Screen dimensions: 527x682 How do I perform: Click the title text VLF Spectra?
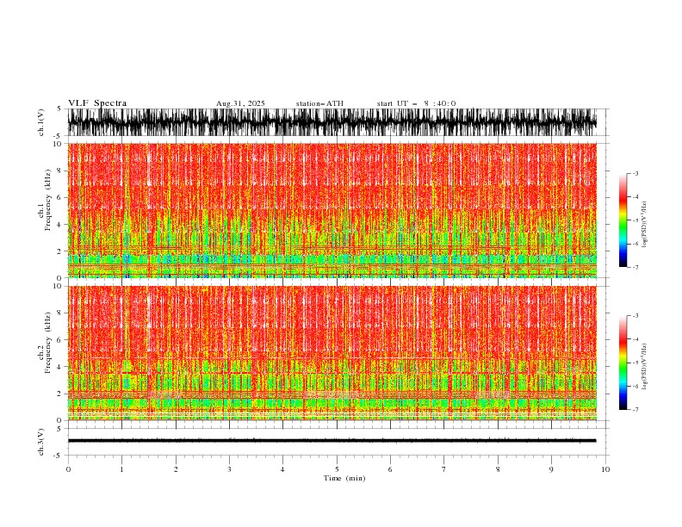[97, 103]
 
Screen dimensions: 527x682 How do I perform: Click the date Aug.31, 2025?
[240, 103]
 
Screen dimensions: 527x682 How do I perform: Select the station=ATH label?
[319, 103]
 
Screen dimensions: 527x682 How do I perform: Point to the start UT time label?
[416, 103]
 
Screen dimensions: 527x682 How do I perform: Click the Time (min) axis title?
[337, 477]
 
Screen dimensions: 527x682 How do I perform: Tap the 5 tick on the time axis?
[337, 468]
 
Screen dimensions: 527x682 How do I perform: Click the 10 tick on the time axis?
[605, 468]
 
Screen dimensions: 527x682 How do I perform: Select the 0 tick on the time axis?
[68, 468]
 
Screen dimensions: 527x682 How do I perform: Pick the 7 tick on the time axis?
[444, 468]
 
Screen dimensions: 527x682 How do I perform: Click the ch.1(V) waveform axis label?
[41, 123]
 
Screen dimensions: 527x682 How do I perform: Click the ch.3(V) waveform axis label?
[41, 440]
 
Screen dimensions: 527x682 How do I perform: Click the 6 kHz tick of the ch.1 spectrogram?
[59, 198]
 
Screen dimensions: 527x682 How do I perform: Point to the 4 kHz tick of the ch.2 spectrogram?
[59, 367]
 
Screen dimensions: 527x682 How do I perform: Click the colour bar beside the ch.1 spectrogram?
[623, 220]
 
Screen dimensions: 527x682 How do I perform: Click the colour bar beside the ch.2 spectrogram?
[623, 363]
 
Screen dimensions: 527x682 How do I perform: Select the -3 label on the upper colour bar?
[635, 174]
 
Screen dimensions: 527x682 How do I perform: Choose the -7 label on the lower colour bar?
[635, 410]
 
